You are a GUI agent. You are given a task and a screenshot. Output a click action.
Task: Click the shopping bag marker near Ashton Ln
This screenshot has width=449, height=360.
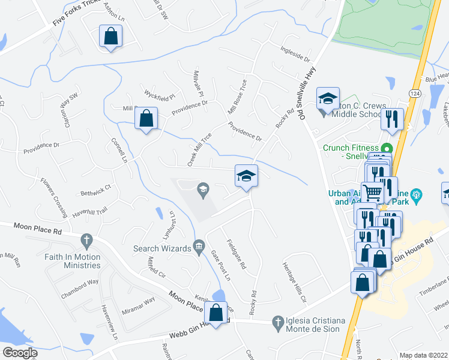click(x=111, y=36)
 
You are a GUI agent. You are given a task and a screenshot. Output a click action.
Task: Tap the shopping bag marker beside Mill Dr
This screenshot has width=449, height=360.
click(x=146, y=118)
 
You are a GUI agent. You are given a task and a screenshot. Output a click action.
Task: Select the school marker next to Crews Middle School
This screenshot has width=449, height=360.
click(x=328, y=99)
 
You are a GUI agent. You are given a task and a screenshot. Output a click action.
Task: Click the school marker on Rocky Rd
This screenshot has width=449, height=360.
click(x=246, y=176)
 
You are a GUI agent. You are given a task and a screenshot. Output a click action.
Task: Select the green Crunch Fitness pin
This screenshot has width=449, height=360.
click(x=387, y=148)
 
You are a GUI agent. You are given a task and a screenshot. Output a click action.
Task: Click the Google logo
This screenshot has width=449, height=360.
click(x=20, y=353)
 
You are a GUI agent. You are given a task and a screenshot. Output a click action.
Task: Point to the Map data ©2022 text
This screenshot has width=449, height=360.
click(x=423, y=355)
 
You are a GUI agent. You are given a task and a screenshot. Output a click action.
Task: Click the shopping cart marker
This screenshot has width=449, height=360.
click(x=373, y=192)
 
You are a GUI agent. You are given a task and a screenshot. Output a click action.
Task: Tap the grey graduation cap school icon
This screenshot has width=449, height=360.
click(x=203, y=191)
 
